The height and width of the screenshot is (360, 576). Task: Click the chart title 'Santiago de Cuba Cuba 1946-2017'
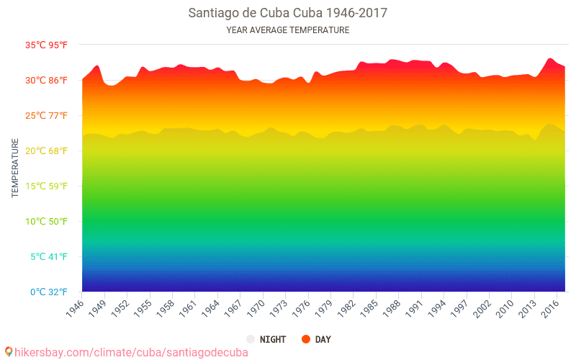(287, 13)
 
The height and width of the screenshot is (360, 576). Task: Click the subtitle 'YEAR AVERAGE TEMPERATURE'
(287, 30)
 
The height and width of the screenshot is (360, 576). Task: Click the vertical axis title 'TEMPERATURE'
(15, 168)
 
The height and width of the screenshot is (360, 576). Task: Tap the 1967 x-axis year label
(233, 306)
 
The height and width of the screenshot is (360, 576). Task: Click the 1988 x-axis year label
(391, 306)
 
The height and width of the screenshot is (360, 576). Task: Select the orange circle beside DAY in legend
(306, 339)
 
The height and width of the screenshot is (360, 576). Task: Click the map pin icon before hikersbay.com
(9, 351)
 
